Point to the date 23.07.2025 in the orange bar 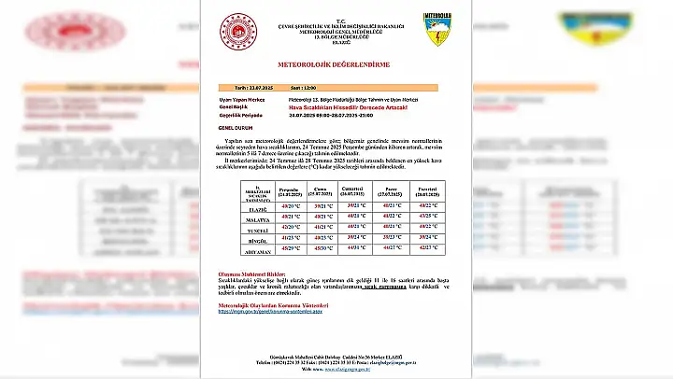(x=237, y=88)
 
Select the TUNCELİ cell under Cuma (x=322, y=227)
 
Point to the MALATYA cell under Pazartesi (x=428, y=216)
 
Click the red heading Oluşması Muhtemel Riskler (x=251, y=273)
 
